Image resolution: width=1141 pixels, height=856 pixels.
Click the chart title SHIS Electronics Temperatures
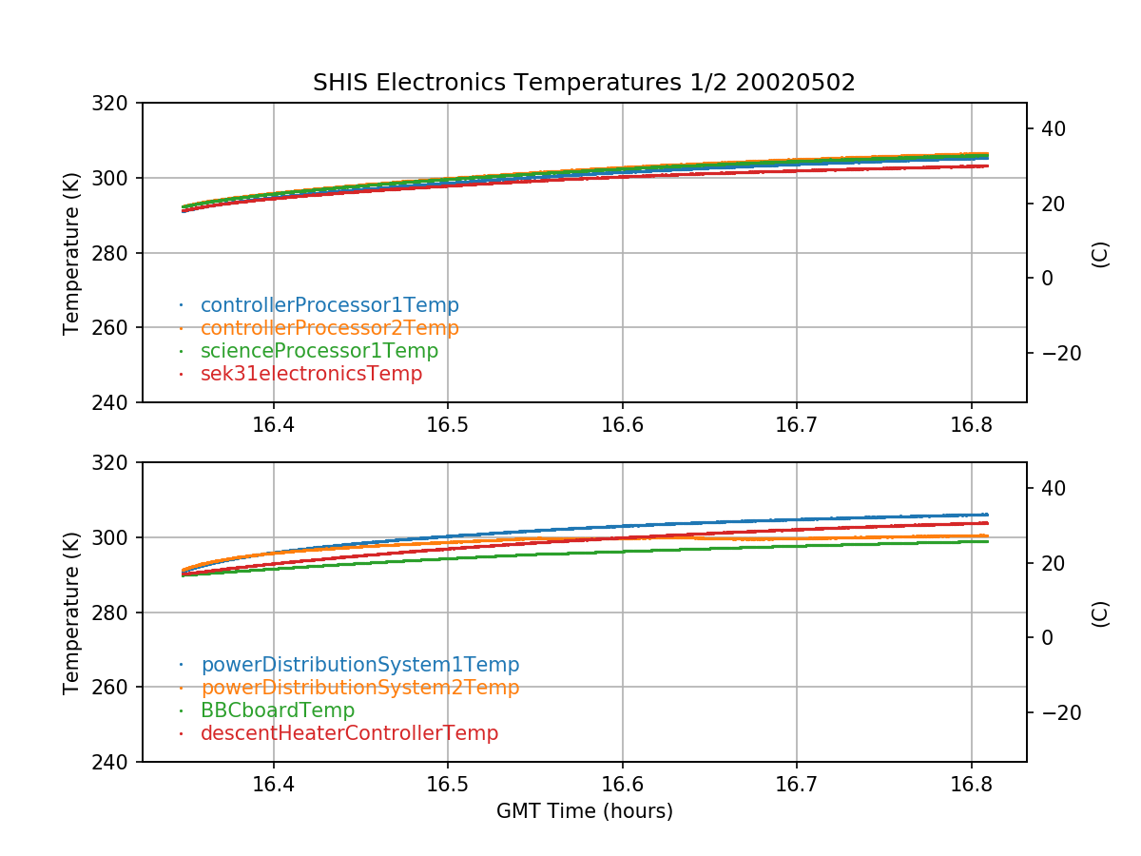tap(584, 83)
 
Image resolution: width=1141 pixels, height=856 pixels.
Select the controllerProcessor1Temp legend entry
tap(329, 305)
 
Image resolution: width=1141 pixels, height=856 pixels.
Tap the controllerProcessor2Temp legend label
tap(329, 328)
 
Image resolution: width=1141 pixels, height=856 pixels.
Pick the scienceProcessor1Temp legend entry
tap(319, 351)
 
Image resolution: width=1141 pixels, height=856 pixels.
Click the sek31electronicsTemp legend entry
tap(311, 374)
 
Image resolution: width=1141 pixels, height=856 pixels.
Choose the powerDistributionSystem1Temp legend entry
tap(359, 665)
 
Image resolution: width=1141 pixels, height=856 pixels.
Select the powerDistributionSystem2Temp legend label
tap(359, 688)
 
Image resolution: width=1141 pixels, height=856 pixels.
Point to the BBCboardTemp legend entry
tap(278, 710)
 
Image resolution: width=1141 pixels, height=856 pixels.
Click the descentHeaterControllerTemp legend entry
tap(349, 733)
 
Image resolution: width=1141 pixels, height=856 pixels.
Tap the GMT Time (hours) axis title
tap(584, 811)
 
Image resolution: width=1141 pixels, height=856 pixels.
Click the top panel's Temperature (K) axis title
tap(71, 252)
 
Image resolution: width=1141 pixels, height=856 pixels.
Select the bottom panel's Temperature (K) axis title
tap(71, 612)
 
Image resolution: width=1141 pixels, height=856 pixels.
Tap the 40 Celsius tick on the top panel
tap(1052, 128)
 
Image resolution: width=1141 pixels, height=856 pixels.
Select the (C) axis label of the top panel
tap(1101, 253)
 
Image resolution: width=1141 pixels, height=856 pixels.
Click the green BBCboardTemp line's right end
tap(987, 540)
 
